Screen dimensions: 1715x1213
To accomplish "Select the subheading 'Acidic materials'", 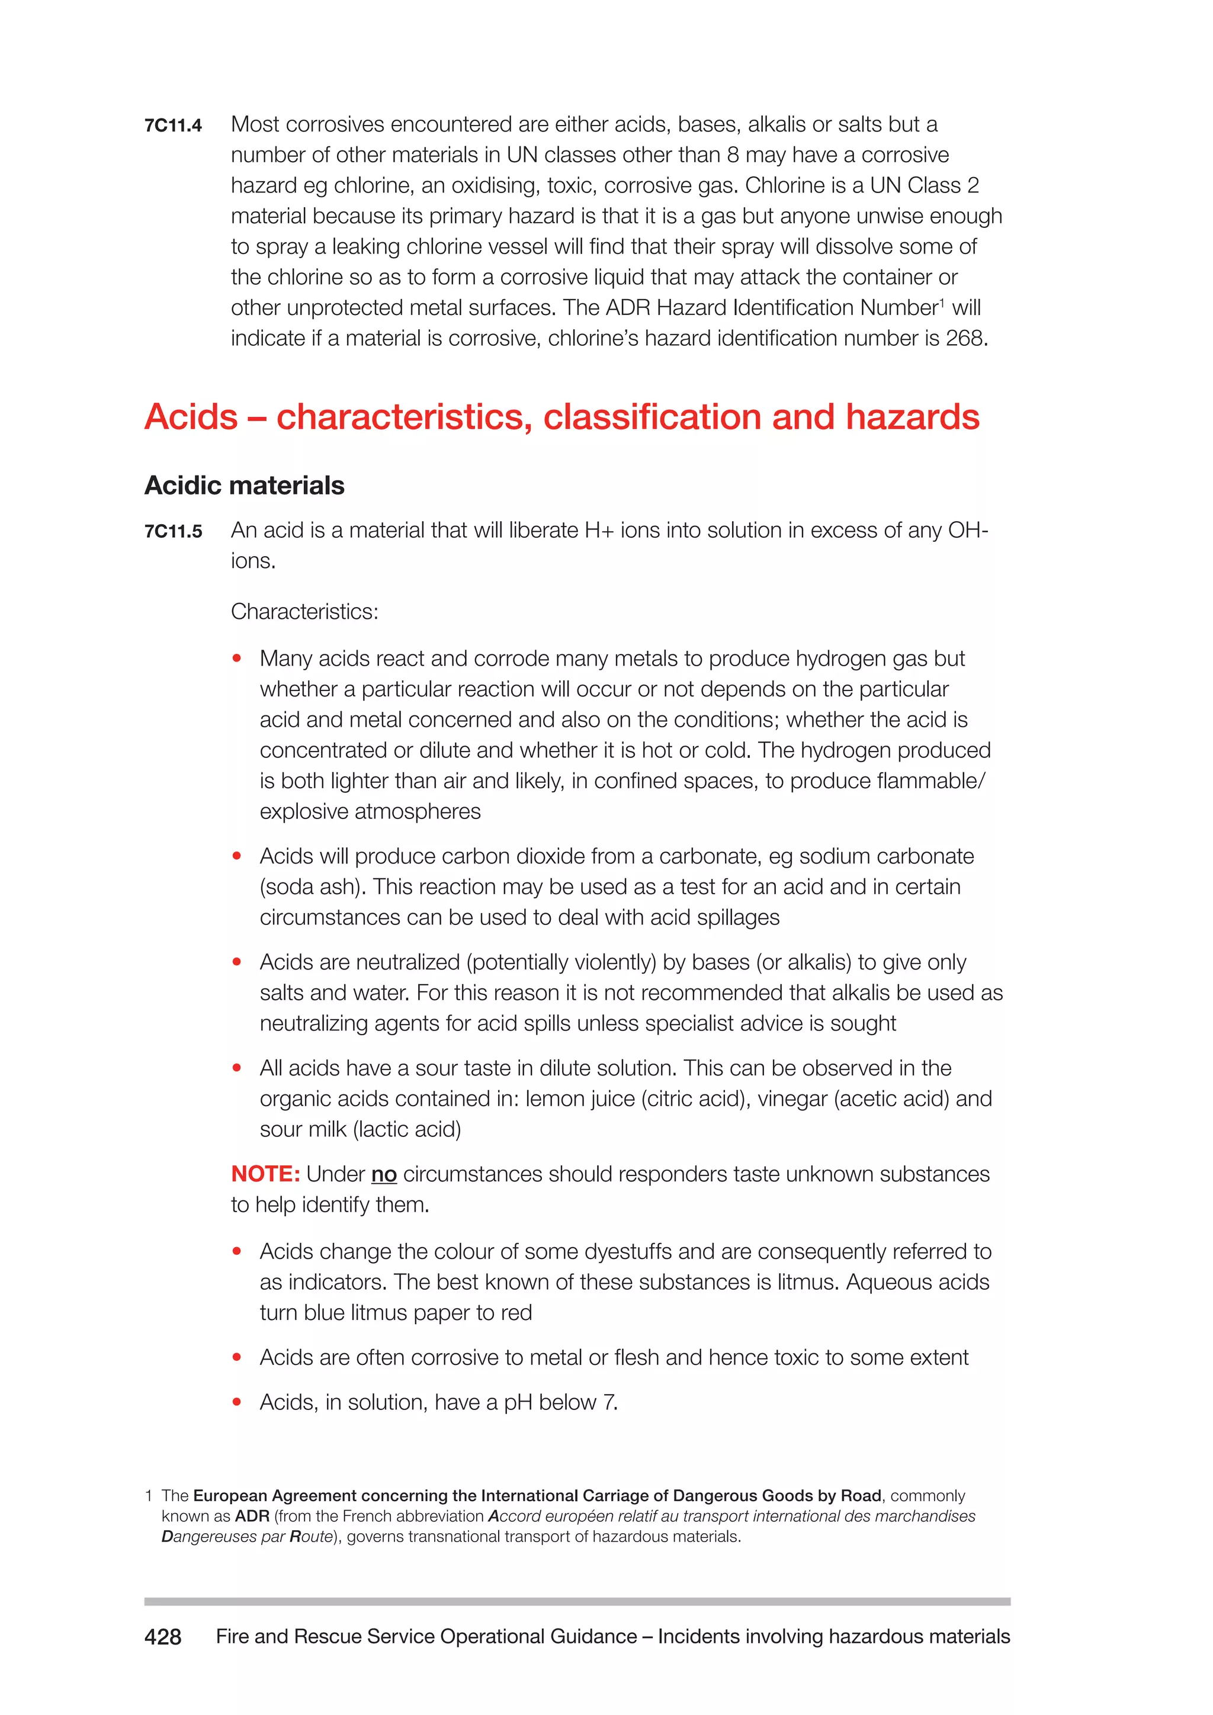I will click(244, 486).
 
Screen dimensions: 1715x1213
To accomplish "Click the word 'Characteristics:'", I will click(304, 612).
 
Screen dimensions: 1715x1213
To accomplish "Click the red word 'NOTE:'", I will click(265, 1174).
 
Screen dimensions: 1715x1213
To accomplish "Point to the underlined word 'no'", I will click(383, 1174).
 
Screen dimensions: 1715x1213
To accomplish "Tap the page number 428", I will click(163, 1637).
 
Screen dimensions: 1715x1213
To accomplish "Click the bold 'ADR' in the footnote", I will click(252, 1516).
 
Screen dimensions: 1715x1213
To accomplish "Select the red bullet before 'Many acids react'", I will click(237, 659).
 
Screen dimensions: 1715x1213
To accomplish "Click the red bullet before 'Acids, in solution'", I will click(237, 1402).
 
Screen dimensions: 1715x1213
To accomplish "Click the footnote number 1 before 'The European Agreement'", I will click(149, 1496).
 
